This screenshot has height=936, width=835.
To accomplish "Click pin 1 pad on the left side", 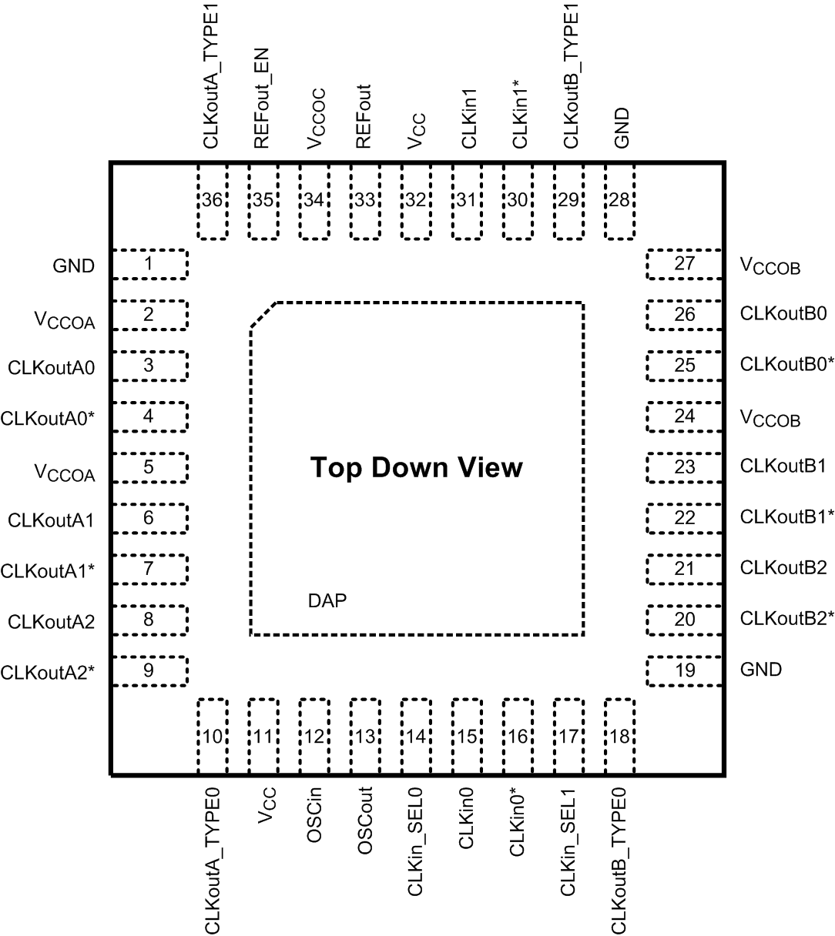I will click(150, 264).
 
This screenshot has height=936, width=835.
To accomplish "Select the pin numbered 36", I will click(213, 200).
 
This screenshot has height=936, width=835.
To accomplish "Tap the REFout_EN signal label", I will click(263, 106).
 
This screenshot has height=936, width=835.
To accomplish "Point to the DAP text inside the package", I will click(327, 600).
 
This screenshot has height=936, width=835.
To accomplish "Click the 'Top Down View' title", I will click(416, 467).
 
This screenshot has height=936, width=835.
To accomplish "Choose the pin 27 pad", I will click(684, 264).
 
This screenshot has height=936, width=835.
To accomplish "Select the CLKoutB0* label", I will click(787, 364).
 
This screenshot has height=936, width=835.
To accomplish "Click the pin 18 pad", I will click(620, 737).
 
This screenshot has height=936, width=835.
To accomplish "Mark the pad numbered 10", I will click(213, 737).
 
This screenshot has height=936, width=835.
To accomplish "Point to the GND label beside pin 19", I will click(761, 669).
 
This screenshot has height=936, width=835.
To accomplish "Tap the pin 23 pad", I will click(684, 467).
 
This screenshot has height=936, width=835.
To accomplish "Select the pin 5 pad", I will click(150, 467).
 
